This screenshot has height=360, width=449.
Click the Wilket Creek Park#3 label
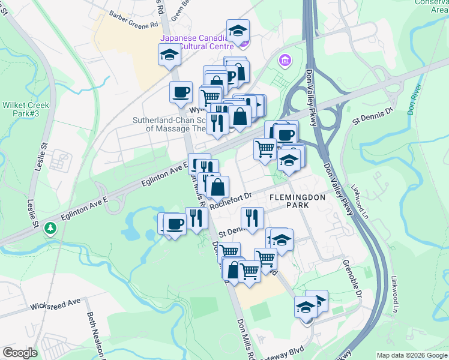(x=25, y=109)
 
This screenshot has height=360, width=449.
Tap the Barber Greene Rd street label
(x=133, y=19)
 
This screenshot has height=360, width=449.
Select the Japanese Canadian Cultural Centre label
(x=194, y=43)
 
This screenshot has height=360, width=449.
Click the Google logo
(x=19, y=353)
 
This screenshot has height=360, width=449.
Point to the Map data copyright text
(x=412, y=355)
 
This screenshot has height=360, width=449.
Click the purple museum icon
(x=284, y=61)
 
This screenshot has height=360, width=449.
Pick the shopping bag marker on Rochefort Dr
(x=217, y=187)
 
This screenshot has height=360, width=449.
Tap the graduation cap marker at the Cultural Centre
(x=238, y=30)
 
